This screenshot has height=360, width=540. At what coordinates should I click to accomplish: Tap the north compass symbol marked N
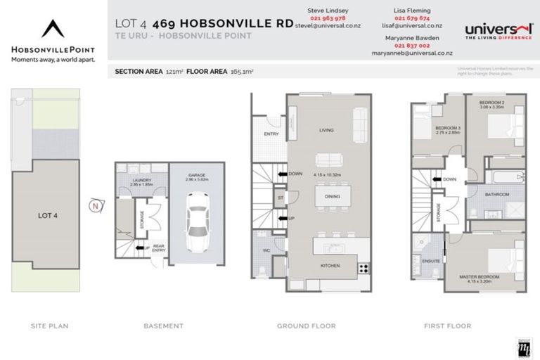click(95, 205)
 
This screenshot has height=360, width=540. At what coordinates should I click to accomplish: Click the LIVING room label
click(326, 130)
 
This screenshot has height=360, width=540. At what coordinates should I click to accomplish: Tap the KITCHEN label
click(330, 266)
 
